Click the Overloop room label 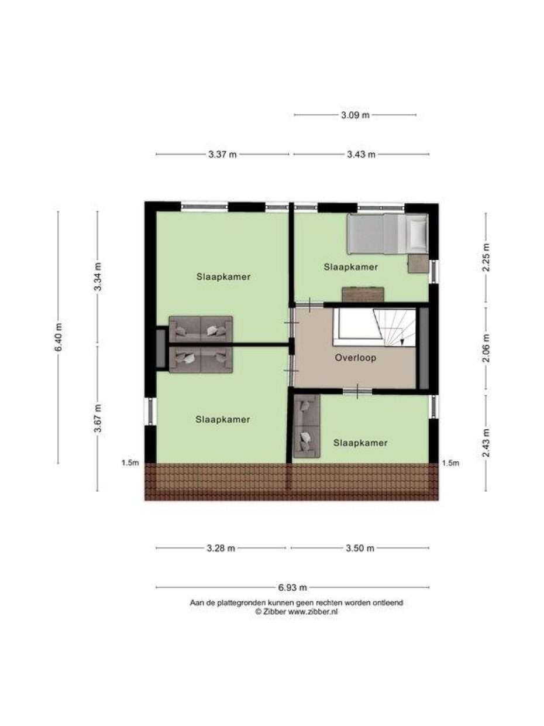pyautogui.click(x=355, y=357)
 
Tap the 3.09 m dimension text pyautogui.click(x=355, y=115)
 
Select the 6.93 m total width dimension pyautogui.click(x=292, y=587)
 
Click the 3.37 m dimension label pyautogui.click(x=222, y=155)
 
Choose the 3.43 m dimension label pyautogui.click(x=361, y=155)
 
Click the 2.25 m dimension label pyautogui.click(x=485, y=258)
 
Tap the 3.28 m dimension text pyautogui.click(x=221, y=549)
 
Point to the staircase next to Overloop pyautogui.click(x=374, y=331)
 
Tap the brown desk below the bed pyautogui.click(x=363, y=294)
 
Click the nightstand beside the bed pyautogui.click(x=418, y=264)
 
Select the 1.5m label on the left pyautogui.click(x=130, y=463)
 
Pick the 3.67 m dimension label pyautogui.click(x=98, y=419)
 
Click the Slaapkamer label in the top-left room pyautogui.click(x=223, y=277)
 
